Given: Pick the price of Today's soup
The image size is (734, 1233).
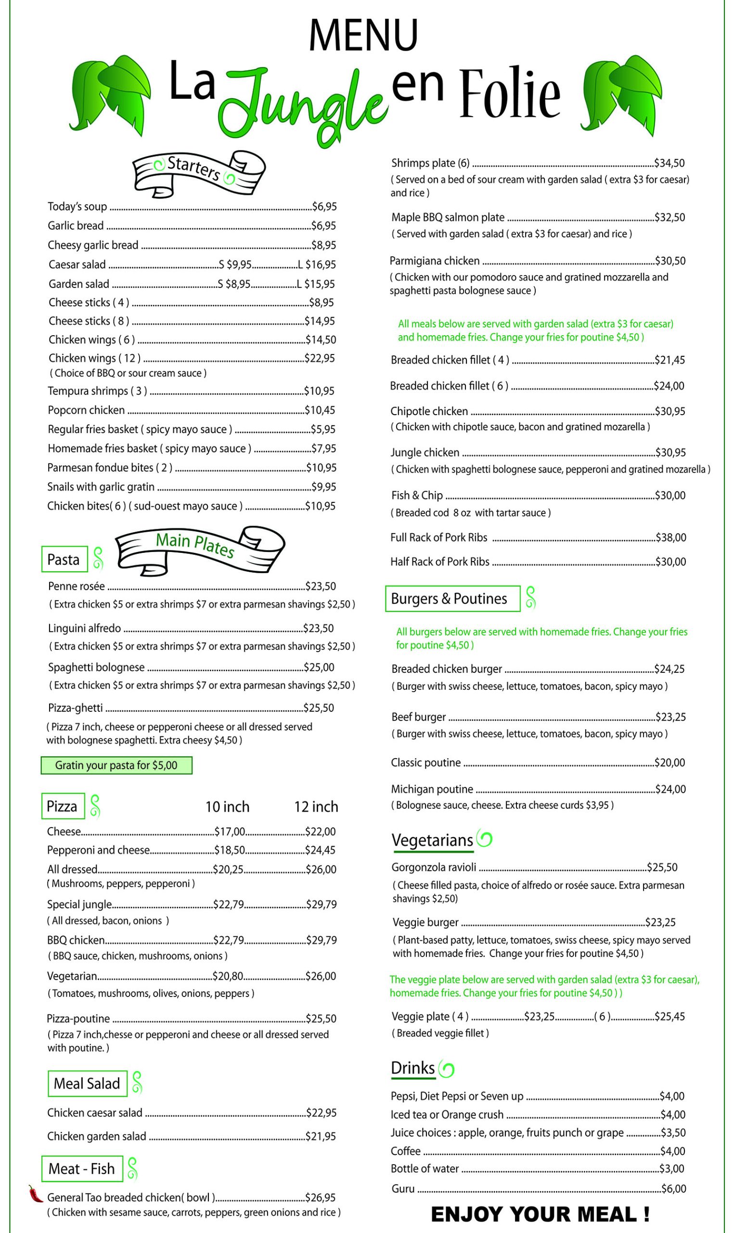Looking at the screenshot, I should coord(324,206).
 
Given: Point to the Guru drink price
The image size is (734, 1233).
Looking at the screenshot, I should coord(674,1189).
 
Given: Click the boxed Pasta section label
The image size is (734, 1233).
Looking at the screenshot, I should coord(64,559).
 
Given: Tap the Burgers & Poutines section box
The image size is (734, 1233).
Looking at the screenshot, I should coord(452,599).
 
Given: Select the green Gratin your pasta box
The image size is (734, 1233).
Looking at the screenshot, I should coord(116,765).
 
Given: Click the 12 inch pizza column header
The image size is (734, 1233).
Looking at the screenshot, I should coord(316,807).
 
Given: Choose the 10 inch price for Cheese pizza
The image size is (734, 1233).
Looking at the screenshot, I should coord(230,832).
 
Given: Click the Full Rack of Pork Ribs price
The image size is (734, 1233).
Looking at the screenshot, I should coord(671,538).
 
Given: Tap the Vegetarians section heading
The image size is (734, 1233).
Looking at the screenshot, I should coord(432,840).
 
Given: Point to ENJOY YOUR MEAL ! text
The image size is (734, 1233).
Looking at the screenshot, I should coord(540,1214).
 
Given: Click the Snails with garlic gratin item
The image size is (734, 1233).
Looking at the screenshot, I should coord(101,487).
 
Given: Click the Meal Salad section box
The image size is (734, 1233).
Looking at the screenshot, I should coord(87,1084).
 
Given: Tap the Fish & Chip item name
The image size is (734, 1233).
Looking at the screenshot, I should coord(416,495).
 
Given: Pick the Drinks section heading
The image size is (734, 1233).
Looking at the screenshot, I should coord(412,1068).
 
